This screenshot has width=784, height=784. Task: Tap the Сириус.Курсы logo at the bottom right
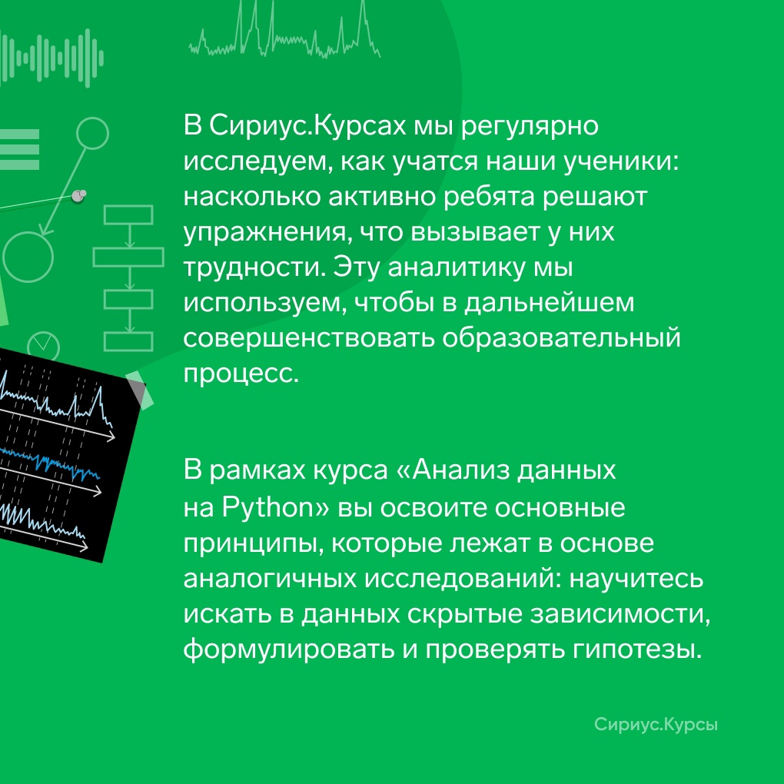tap(656, 725)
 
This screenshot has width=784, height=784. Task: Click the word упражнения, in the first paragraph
tap(264, 233)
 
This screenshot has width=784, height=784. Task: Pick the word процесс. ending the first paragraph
tap(241, 374)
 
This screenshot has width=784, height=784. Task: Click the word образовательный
tap(561, 338)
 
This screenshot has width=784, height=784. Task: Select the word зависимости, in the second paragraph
tap(620, 614)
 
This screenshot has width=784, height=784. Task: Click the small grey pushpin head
tap(78, 195)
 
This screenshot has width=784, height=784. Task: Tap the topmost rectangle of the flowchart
tap(128, 215)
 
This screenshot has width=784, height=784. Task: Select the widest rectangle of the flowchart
tap(128, 257)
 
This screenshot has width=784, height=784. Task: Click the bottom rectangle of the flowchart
tap(128, 342)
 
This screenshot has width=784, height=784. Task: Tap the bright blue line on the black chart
tap(50, 463)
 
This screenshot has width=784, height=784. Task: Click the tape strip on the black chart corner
tap(139, 390)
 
